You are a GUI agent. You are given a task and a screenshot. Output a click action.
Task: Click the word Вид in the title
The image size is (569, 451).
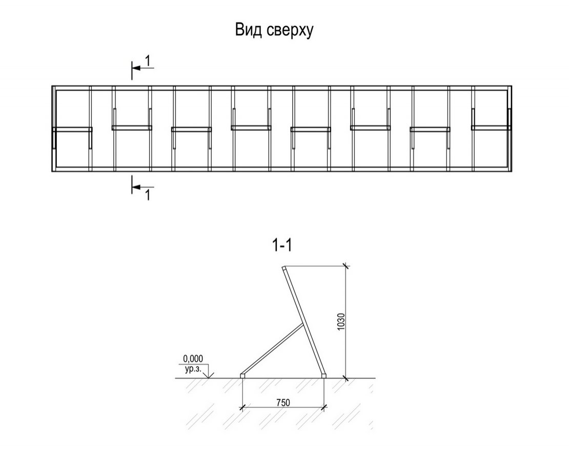pyautogui.click(x=249, y=30)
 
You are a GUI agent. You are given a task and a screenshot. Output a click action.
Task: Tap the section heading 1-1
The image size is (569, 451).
pyautogui.click(x=282, y=245)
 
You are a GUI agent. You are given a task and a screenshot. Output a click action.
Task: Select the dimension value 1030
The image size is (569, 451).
pyautogui.click(x=340, y=322)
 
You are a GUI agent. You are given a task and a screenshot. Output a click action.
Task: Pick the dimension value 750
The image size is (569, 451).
pyautogui.click(x=283, y=403)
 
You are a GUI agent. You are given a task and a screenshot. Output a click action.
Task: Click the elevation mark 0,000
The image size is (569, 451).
pyautogui.click(x=193, y=359)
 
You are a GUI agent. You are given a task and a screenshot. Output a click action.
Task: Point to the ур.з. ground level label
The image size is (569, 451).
pyautogui.click(x=193, y=369)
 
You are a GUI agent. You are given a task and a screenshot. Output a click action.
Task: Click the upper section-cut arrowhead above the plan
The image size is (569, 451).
pyautogui.click(x=136, y=68)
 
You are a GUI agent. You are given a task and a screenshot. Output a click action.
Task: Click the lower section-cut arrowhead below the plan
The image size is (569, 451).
pyautogui.click(x=136, y=187)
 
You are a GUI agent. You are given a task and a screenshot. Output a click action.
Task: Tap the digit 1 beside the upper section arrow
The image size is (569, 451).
pyautogui.click(x=147, y=61)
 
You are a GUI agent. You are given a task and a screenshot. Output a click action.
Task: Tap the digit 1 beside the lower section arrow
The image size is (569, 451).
pyautogui.click(x=147, y=195)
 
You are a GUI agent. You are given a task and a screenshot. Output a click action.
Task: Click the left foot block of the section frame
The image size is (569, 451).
pyautogui.click(x=243, y=376)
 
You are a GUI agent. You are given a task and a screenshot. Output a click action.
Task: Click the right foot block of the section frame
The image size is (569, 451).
pyautogui.click(x=324, y=376)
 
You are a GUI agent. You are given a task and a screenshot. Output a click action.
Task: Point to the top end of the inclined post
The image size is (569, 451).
pyautogui.click(x=284, y=268)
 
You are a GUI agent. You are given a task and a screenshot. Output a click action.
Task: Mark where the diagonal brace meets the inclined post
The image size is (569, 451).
pyautogui.click(x=302, y=324)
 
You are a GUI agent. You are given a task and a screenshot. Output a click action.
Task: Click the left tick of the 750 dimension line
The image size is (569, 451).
pyautogui.click(x=242, y=407)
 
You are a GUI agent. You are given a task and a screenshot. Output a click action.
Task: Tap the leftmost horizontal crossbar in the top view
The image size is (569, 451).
pyautogui.click(x=72, y=129)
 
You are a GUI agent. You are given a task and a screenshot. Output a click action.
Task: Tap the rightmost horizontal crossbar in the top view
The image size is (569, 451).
pyautogui.click(x=491, y=128)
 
